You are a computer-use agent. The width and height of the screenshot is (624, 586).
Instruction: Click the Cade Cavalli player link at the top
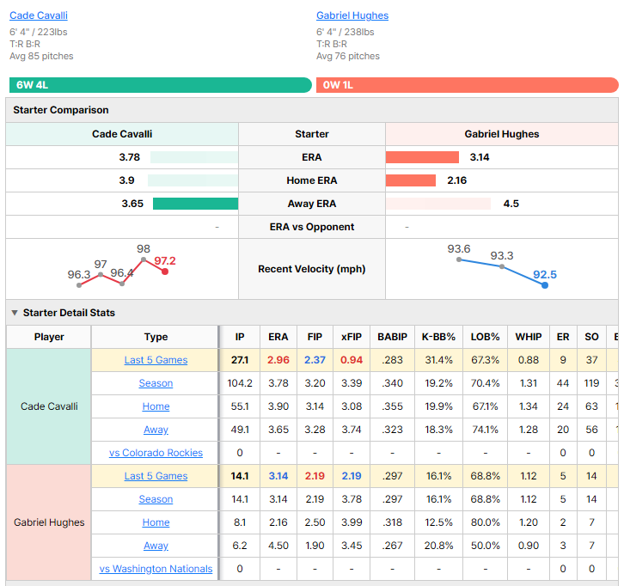click(x=39, y=15)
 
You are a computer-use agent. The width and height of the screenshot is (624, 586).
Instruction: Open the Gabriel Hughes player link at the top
click(x=352, y=15)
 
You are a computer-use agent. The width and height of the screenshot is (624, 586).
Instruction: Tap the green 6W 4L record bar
click(x=161, y=85)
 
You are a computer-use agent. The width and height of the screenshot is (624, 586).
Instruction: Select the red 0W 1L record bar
click(x=468, y=85)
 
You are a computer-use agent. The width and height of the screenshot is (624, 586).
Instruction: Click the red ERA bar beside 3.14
click(x=422, y=157)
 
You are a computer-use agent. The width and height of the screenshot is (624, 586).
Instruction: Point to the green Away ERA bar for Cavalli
click(x=195, y=204)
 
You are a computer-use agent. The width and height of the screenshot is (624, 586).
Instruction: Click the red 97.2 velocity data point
click(x=165, y=272)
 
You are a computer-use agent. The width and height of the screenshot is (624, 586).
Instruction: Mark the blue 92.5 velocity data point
click(x=545, y=285)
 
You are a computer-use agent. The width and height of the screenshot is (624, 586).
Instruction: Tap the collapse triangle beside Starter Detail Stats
click(x=15, y=313)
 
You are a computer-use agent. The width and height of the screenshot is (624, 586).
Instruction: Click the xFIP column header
click(x=352, y=337)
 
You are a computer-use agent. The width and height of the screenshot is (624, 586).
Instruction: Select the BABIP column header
click(x=393, y=337)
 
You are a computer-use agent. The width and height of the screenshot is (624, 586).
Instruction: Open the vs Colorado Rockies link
click(x=156, y=453)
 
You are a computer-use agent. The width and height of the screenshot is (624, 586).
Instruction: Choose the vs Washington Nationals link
click(x=156, y=569)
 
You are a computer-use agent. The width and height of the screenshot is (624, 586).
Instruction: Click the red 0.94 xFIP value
click(x=352, y=360)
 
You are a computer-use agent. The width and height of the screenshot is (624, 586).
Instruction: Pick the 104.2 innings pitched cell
click(x=240, y=383)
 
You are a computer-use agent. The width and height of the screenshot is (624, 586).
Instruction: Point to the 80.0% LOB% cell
click(x=485, y=522)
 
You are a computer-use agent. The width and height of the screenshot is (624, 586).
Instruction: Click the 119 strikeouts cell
click(x=591, y=383)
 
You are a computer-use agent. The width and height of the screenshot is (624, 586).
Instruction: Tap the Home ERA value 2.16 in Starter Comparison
click(x=457, y=180)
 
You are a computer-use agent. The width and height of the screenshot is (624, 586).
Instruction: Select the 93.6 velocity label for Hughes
click(x=459, y=249)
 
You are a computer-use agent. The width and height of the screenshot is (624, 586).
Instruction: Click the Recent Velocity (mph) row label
click(x=312, y=269)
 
